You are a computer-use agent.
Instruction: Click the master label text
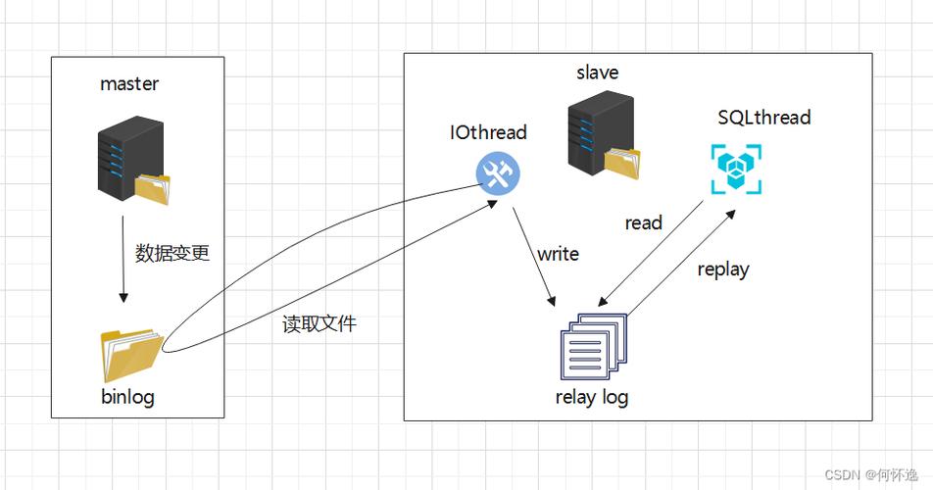tap(128, 84)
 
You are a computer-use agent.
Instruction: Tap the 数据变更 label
tap(172, 253)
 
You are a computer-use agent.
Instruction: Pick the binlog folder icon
tap(130, 355)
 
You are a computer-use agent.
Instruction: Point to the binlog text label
tap(128, 397)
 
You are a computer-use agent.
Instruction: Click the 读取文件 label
tap(319, 324)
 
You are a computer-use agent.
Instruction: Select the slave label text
tap(597, 73)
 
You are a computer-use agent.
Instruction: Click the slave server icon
tap(599, 133)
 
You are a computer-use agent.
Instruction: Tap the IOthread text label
tap(488, 132)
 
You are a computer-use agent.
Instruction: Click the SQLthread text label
tap(764, 118)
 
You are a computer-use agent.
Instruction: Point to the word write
tap(558, 254)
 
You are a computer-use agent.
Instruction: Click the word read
tap(643, 222)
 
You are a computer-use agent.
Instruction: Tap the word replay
tap(723, 269)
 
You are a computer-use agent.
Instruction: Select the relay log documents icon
tap(592, 346)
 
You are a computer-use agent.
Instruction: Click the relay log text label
tap(591, 397)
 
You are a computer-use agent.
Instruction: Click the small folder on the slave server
tap(623, 162)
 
